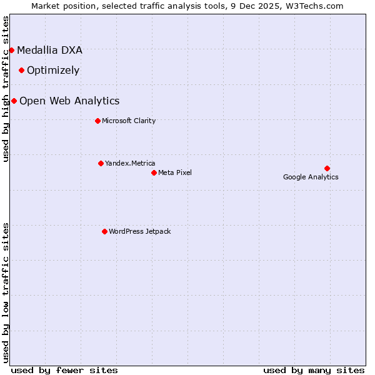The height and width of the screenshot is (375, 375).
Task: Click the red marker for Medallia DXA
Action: tap(11, 50)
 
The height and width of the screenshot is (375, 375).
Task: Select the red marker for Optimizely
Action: tap(21, 70)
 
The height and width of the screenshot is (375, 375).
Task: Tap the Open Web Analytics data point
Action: tap(14, 101)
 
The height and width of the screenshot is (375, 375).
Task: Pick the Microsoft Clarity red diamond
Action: tap(97, 121)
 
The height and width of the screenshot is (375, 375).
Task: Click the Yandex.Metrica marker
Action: tap(101, 163)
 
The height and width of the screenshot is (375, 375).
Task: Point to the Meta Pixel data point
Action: tap(154, 172)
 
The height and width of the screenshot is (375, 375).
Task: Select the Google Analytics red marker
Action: tap(327, 168)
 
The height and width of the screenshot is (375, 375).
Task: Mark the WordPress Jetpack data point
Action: tap(104, 231)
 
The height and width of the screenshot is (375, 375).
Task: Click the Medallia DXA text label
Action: tap(49, 50)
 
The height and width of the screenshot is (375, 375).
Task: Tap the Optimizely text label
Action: tap(53, 70)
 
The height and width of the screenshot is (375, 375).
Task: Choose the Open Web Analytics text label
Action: tap(69, 101)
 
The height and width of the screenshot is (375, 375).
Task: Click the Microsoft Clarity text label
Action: tap(129, 121)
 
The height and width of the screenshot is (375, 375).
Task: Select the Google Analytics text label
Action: tap(311, 177)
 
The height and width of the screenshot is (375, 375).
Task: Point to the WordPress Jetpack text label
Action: tap(139, 231)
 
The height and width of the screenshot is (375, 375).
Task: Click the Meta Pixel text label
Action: tap(175, 172)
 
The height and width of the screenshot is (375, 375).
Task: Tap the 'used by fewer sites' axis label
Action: tap(64, 370)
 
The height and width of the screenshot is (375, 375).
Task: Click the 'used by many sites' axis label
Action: tap(314, 370)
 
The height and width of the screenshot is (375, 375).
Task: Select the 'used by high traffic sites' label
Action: tap(6, 88)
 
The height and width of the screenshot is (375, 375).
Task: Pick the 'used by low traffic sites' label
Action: tap(6, 292)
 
